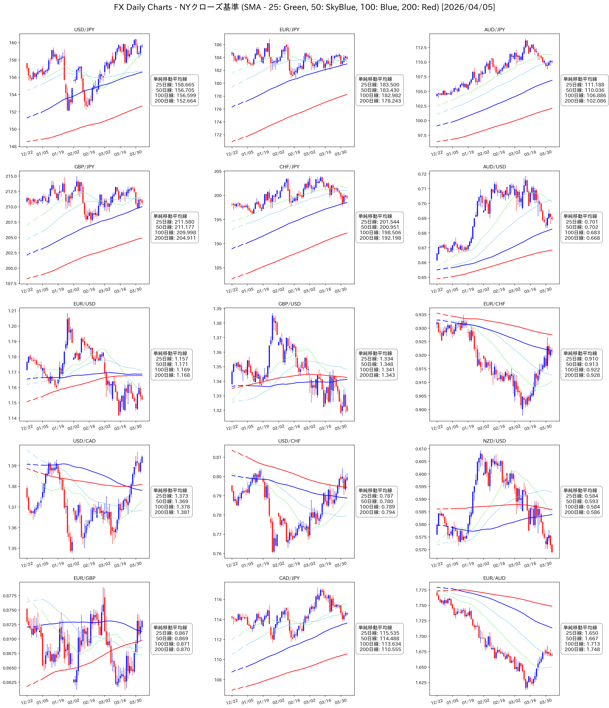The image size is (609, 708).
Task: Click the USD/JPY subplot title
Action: [84, 30]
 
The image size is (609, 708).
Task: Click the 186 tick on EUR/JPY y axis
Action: [218, 45]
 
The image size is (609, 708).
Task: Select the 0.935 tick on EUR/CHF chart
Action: [421, 315]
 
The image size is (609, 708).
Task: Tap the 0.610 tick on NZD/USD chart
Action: [421, 449]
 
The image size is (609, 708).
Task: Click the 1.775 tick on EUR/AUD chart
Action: [421, 590]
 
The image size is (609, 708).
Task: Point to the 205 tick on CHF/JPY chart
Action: [218, 172]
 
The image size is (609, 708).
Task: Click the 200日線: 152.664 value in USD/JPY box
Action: [175, 101]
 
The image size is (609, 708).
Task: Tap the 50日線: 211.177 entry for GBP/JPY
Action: [175, 227]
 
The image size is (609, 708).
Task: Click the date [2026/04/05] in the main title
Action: [468, 7]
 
